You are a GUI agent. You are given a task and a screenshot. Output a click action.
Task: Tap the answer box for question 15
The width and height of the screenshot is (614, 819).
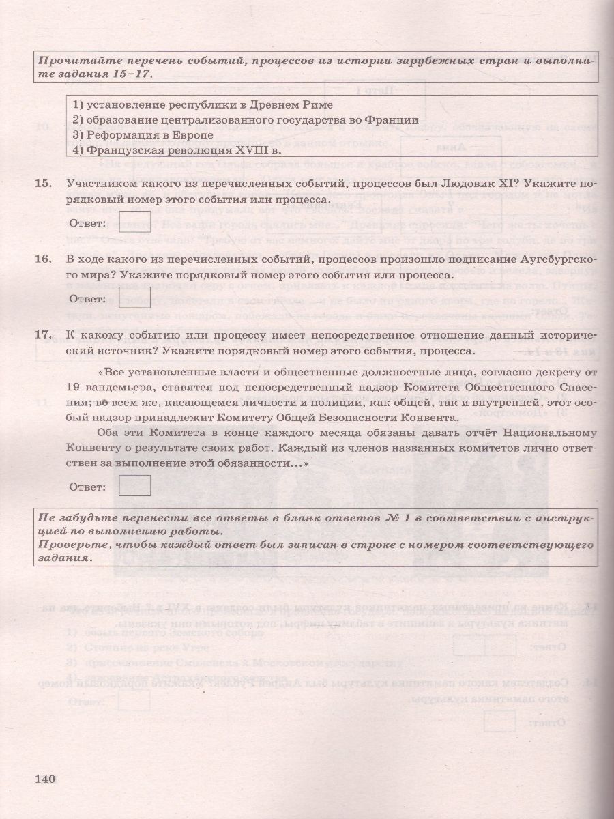tap(134, 222)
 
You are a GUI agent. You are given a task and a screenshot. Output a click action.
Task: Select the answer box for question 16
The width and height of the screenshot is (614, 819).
tap(134, 298)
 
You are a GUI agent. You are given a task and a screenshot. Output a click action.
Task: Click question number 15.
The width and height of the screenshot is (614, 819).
tap(43, 185)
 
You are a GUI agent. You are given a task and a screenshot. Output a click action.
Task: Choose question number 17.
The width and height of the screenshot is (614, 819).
tap(43, 335)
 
